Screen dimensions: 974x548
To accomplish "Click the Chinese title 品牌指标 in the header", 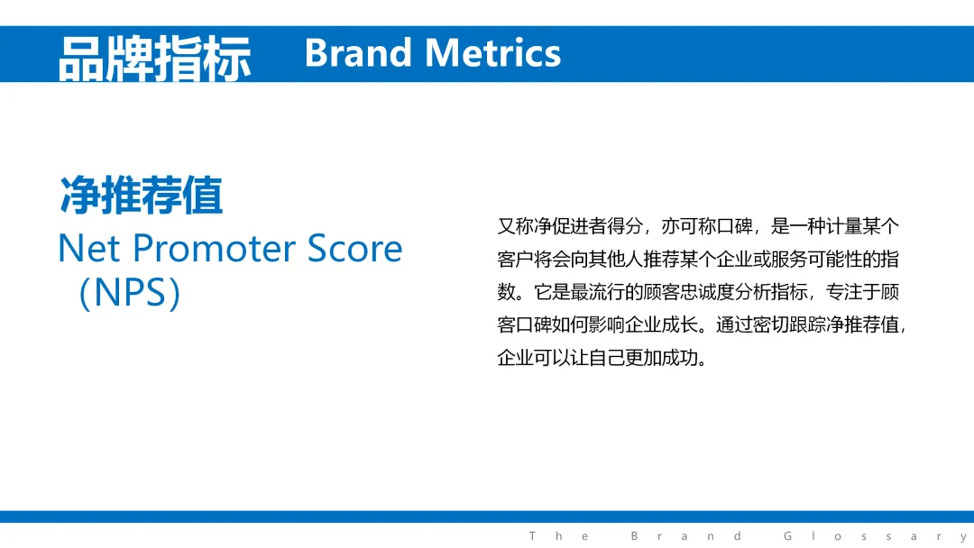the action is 155,59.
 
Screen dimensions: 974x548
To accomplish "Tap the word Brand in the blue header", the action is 358,53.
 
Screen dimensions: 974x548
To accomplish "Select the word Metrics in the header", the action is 493,53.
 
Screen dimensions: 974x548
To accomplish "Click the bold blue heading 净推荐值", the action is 141,196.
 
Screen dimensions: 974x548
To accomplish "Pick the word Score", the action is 354,248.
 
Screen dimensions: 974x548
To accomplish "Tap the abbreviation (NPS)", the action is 130,292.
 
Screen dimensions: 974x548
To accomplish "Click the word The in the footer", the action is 558,536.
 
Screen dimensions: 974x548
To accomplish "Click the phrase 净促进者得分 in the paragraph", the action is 588,226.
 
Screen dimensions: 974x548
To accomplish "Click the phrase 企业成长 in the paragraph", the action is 662,324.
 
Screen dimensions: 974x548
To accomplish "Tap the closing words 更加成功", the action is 662,358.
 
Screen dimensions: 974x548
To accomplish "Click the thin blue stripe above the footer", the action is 487,517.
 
